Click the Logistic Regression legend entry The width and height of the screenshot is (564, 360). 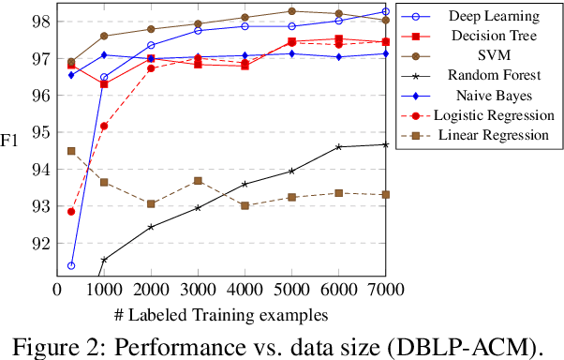[x=492, y=115]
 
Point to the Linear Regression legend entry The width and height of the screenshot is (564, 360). [x=491, y=135]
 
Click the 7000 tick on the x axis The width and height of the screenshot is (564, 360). [x=385, y=291]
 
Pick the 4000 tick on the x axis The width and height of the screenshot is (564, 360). [x=245, y=291]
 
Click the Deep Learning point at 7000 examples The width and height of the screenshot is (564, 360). [x=385, y=12]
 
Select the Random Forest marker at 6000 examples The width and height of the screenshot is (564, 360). [x=338, y=146]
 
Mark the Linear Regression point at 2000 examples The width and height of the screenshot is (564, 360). [x=151, y=203]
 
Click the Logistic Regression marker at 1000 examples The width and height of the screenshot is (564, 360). [x=104, y=126]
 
